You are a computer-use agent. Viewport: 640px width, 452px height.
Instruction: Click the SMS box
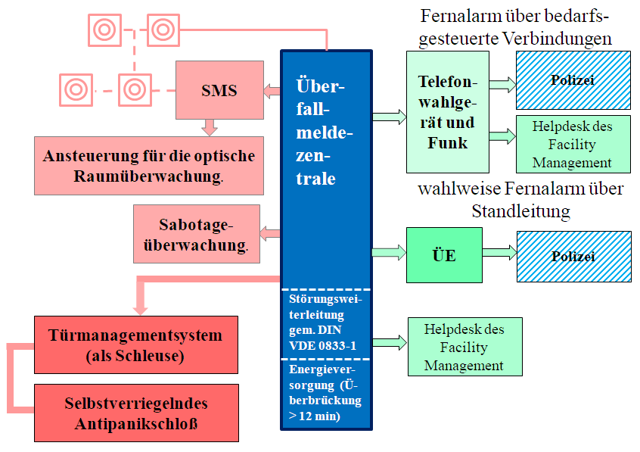(x=219, y=90)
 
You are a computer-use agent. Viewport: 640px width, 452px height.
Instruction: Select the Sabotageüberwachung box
(x=197, y=234)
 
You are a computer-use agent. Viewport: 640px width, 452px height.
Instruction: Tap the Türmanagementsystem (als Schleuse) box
(x=136, y=344)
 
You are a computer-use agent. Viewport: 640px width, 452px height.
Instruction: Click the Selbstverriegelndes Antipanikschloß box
(x=136, y=413)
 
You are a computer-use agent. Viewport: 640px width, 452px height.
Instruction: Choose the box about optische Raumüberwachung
(x=149, y=166)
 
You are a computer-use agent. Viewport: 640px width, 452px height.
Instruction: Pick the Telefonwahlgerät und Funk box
(x=448, y=112)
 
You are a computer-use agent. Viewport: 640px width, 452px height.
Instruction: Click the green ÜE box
(x=444, y=255)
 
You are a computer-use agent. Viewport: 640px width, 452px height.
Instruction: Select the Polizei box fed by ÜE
(x=574, y=256)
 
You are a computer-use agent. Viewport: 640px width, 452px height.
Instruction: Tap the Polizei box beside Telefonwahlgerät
(x=573, y=80)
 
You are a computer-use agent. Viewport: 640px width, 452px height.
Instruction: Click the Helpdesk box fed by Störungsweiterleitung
(x=465, y=347)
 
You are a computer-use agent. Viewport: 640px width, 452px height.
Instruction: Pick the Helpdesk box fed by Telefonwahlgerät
(x=573, y=144)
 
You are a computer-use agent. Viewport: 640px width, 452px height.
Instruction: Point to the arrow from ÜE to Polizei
(x=499, y=252)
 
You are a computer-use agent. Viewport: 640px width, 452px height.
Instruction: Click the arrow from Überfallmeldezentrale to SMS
(x=272, y=91)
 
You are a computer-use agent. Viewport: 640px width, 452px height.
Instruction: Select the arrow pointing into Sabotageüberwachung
(x=270, y=234)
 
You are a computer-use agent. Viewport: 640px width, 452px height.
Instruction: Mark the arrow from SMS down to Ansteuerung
(x=210, y=127)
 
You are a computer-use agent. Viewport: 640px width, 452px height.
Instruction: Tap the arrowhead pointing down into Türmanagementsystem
(x=141, y=310)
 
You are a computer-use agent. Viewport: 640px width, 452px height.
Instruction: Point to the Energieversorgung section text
(x=325, y=393)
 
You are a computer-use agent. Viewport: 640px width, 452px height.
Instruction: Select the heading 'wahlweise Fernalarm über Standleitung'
(x=520, y=200)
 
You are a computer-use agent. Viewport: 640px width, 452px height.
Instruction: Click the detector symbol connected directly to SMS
(x=135, y=90)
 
